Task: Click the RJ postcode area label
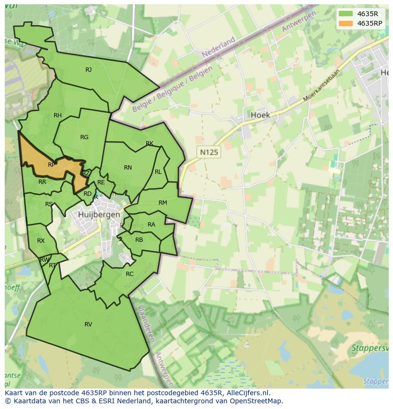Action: point(88,70)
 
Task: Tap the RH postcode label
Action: point(57,115)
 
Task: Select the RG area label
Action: point(84,137)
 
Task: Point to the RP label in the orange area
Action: point(52,165)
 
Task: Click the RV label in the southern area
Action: point(88,324)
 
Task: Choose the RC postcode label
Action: point(130,274)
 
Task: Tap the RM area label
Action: point(163,203)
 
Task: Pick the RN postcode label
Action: point(128,168)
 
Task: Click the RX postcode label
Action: point(41,241)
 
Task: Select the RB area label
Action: point(139,240)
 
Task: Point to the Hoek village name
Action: point(260,115)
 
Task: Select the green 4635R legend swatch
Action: point(346,13)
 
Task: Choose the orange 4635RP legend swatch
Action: point(346,23)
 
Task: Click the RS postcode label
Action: point(49,204)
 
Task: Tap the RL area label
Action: point(158,172)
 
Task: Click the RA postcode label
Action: point(151,225)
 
